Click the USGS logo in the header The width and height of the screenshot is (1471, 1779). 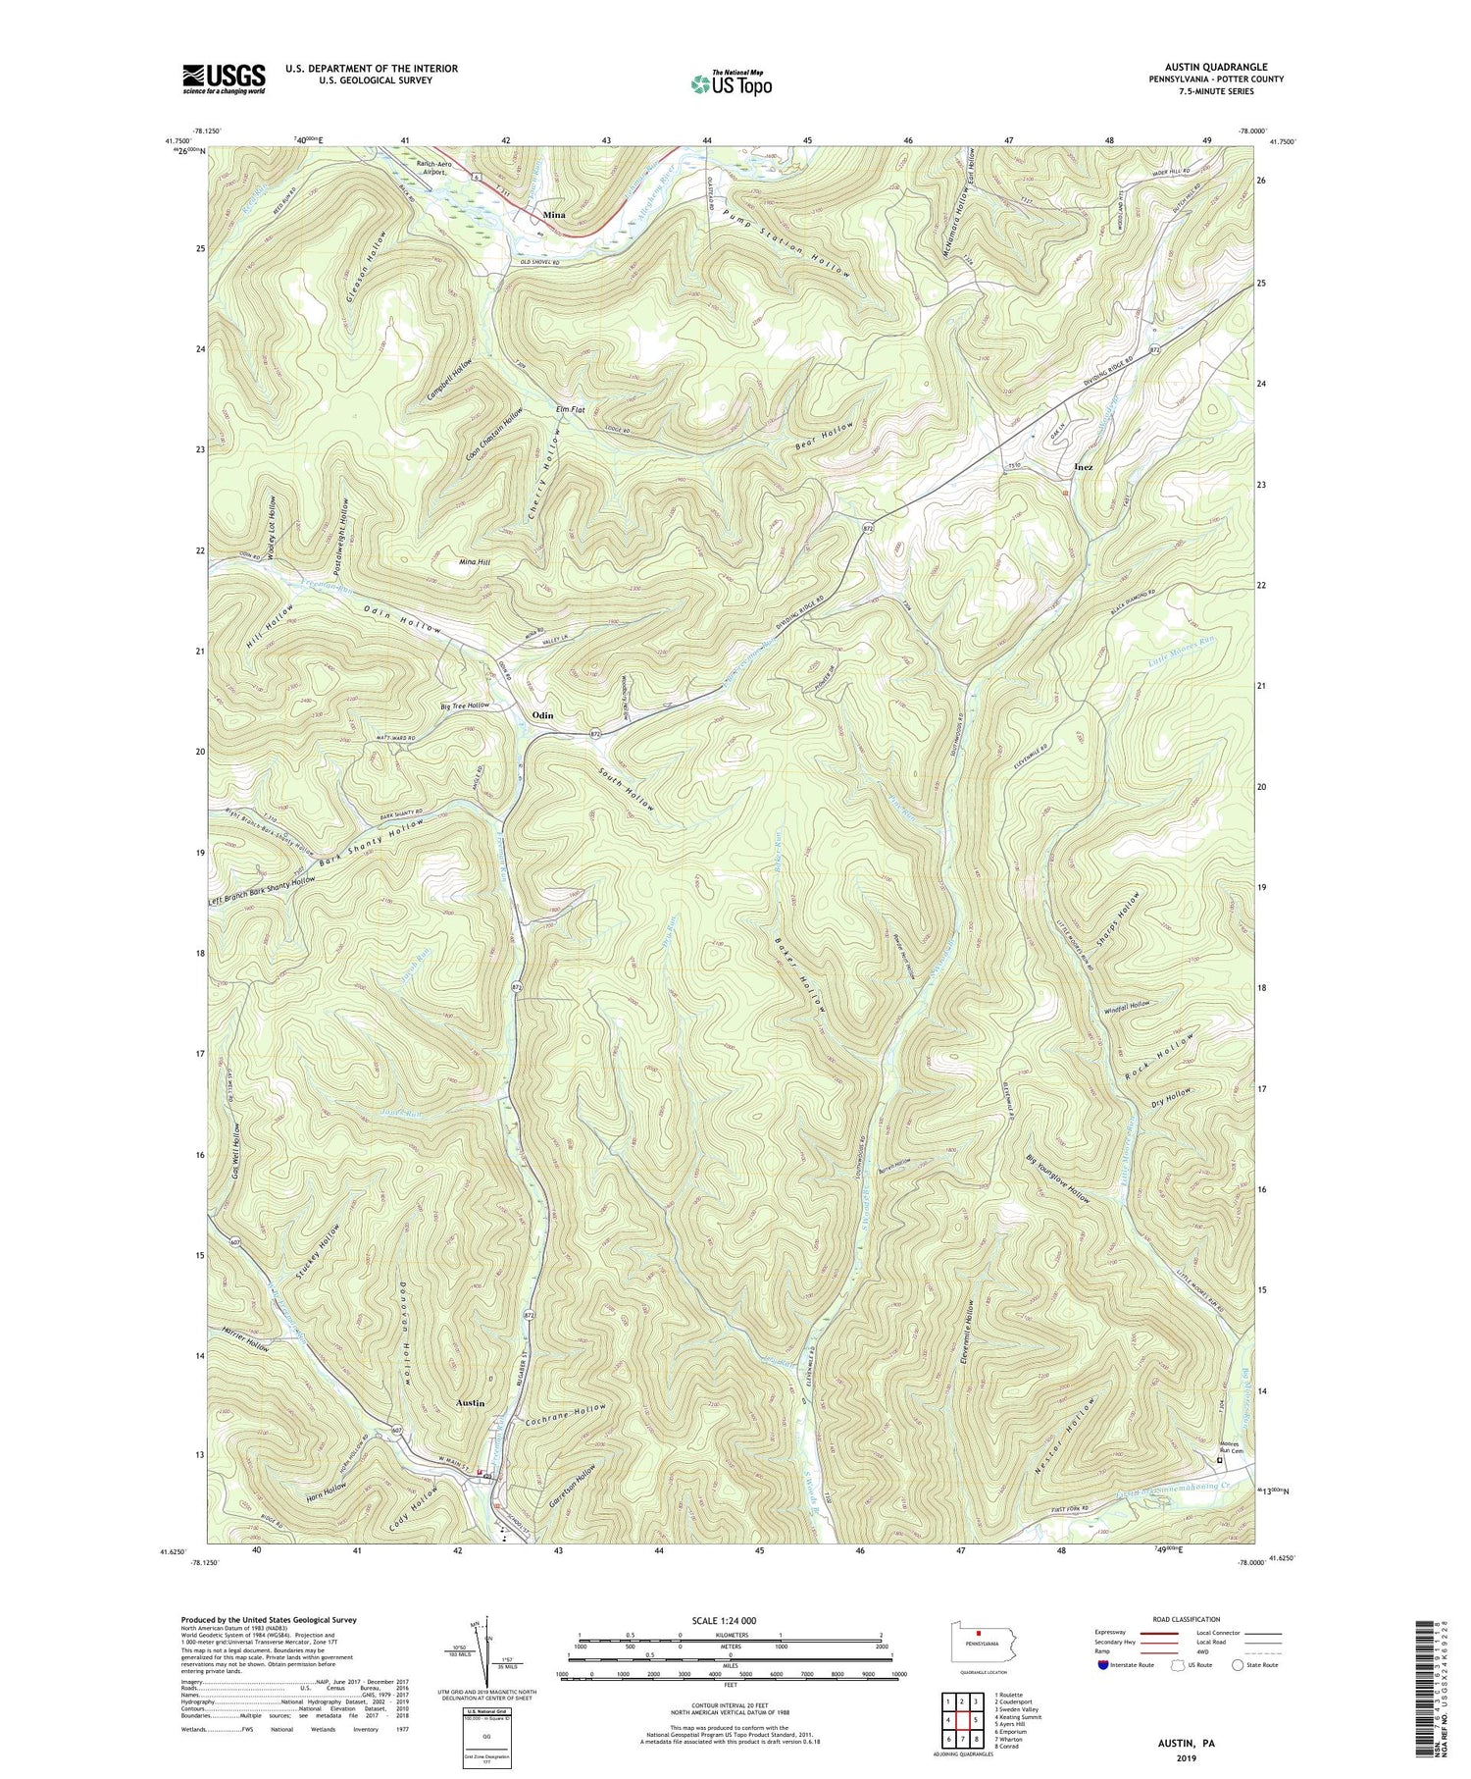pos(224,78)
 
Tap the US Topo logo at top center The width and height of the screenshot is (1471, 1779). pos(730,83)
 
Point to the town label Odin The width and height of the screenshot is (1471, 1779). pos(542,715)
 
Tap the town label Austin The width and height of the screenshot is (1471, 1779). pos(471,1403)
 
